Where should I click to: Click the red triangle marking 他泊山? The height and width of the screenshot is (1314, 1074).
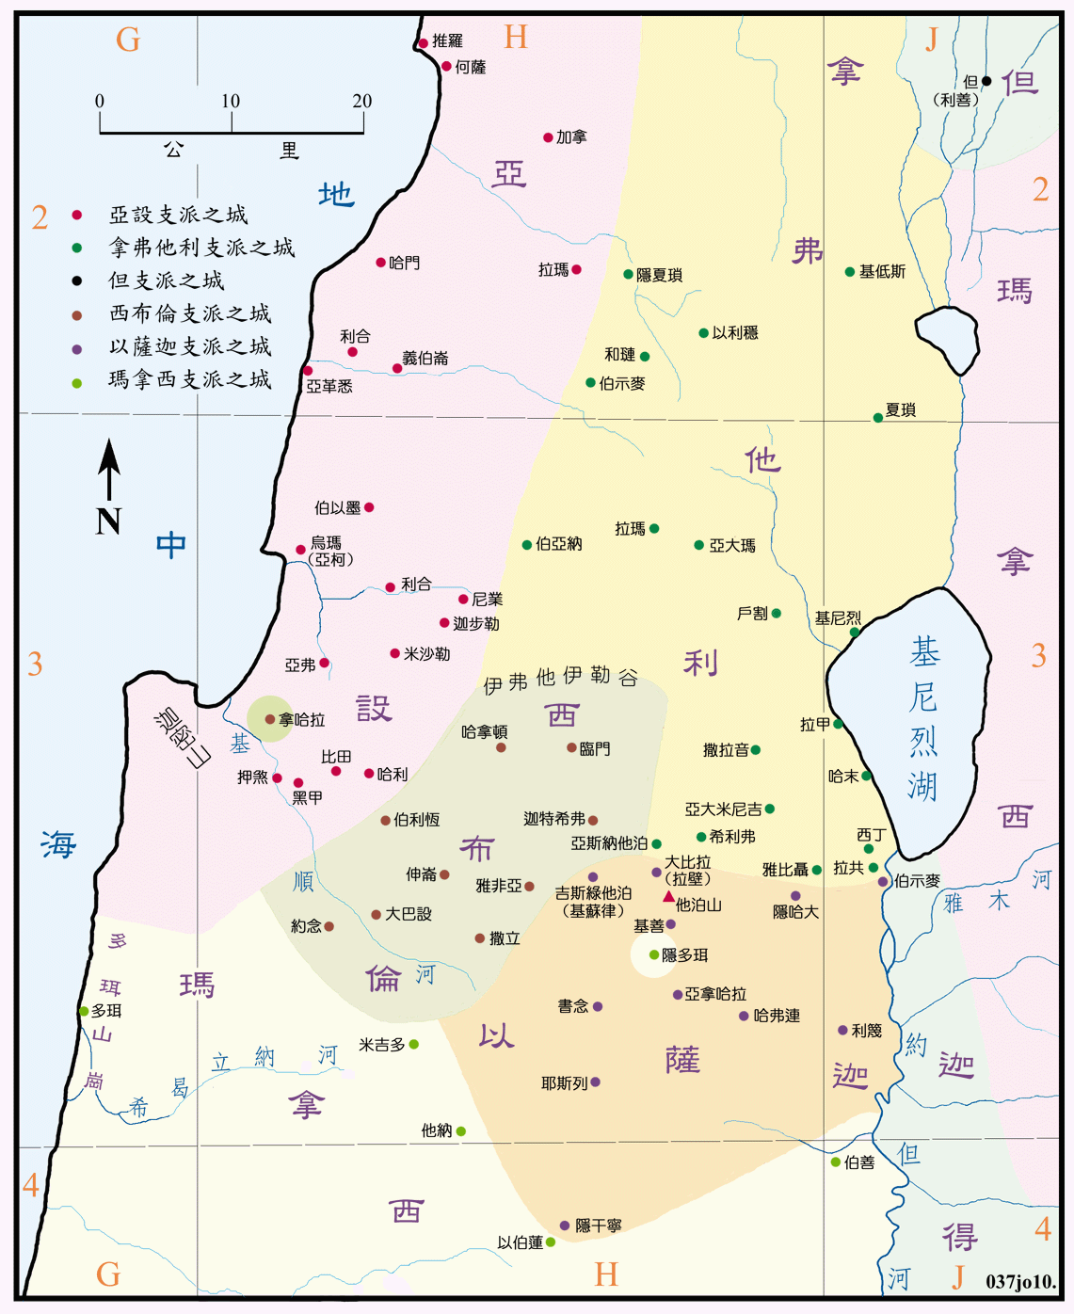(x=668, y=896)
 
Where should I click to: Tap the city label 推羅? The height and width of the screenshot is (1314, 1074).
(x=447, y=41)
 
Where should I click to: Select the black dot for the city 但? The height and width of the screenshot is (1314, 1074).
(x=986, y=81)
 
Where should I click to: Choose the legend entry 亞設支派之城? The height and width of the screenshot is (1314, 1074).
(x=178, y=215)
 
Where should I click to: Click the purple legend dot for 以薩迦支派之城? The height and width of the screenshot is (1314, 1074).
(x=77, y=349)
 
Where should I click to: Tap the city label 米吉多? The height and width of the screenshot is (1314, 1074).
(x=381, y=1045)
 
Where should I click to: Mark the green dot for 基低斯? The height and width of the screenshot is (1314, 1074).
(x=850, y=272)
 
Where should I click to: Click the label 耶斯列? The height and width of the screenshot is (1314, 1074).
(x=564, y=1083)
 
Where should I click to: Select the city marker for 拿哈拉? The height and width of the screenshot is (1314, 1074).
(x=270, y=719)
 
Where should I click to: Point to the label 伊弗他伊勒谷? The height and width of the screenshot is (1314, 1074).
(x=560, y=679)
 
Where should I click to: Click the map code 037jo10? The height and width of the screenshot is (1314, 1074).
(x=1020, y=1282)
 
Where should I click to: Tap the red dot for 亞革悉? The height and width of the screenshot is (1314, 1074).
(x=308, y=371)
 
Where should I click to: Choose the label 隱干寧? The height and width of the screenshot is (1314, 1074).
(x=598, y=1226)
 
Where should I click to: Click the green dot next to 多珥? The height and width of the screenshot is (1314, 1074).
(x=84, y=1011)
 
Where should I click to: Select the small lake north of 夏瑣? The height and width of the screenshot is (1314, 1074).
(x=949, y=339)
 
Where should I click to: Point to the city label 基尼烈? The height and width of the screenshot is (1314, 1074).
(x=838, y=618)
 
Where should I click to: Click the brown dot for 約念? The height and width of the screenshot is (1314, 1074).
(x=329, y=926)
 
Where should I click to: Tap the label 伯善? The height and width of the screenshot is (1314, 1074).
(x=858, y=1162)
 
